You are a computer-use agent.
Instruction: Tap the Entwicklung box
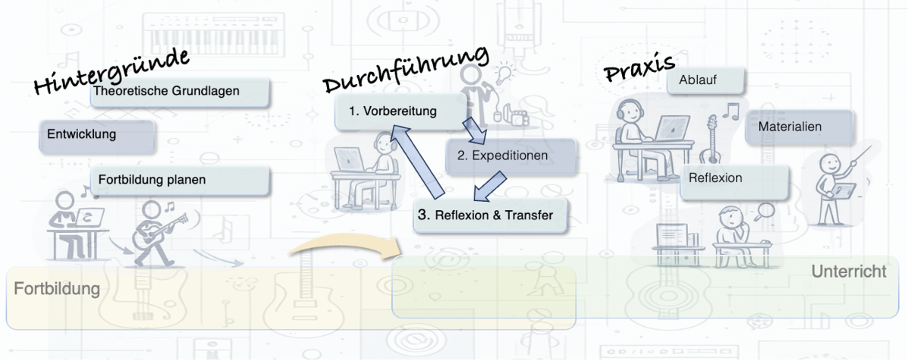tap(95, 135)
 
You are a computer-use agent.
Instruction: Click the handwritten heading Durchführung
tap(405, 70)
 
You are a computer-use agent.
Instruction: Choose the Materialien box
tap(799, 127)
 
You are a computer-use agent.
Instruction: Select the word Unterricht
tap(848, 272)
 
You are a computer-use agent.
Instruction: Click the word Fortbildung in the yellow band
tap(57, 289)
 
